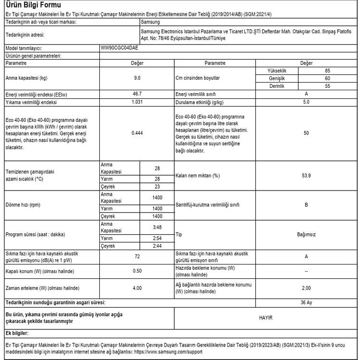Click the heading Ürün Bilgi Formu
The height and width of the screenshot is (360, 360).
click(x=34, y=6)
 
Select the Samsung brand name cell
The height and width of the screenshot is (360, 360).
click(x=152, y=22)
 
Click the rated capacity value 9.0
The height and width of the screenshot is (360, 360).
click(x=137, y=78)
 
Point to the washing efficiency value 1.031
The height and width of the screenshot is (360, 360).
click(x=137, y=103)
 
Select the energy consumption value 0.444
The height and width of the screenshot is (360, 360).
click(x=137, y=133)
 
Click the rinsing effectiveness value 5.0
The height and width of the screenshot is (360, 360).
click(x=306, y=103)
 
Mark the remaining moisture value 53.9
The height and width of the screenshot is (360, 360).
click(x=306, y=176)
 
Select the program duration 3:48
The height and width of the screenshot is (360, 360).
click(x=156, y=228)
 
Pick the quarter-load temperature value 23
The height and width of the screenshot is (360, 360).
click(x=156, y=187)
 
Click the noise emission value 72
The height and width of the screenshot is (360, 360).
click(x=137, y=257)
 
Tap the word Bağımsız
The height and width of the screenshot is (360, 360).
click(x=306, y=235)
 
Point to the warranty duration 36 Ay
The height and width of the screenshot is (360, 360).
click(x=306, y=303)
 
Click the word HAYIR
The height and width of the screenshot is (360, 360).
click(x=306, y=317)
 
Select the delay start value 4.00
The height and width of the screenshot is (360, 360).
click(x=137, y=288)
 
